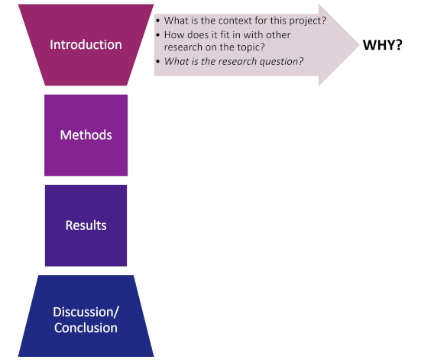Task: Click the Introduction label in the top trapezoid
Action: (x=86, y=45)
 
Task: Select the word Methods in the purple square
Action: (x=86, y=135)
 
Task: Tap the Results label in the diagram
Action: (x=86, y=225)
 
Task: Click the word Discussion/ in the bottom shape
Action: (x=86, y=312)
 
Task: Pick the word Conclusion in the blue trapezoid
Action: (x=86, y=328)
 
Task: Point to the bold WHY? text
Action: (x=382, y=45)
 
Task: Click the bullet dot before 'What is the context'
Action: (x=158, y=21)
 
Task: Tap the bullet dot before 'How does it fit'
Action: (x=158, y=35)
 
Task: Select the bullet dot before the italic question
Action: (x=158, y=62)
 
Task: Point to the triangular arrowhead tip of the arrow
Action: (x=359, y=45)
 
